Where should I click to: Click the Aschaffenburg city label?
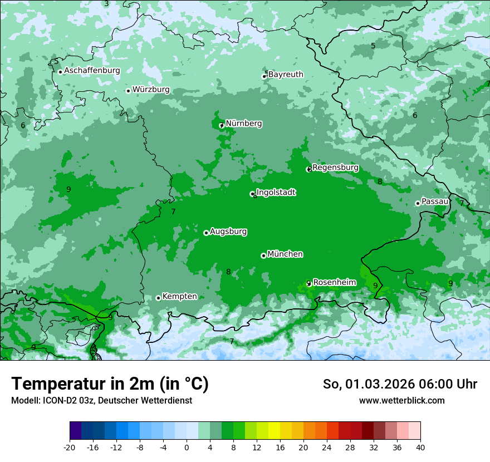(92, 71)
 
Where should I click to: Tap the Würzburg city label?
(151, 90)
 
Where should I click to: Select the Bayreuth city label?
(286, 75)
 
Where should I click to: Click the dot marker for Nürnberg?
(221, 125)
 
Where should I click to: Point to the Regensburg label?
(335, 168)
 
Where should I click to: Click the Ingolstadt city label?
(276, 193)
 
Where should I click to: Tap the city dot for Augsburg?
(206, 233)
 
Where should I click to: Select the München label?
(285, 254)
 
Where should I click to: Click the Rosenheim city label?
(334, 283)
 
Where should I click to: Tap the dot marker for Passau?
(418, 203)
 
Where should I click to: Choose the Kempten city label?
(179, 297)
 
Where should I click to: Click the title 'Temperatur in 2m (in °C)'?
(110, 384)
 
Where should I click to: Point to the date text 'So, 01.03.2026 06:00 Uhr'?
(400, 384)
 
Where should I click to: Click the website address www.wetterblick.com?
(401, 401)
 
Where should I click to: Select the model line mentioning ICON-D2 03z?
(101, 401)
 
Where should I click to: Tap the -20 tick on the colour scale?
(70, 447)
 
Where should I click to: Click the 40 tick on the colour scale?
(420, 447)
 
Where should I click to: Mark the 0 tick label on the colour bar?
(187, 447)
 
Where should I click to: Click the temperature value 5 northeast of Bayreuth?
(373, 46)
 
